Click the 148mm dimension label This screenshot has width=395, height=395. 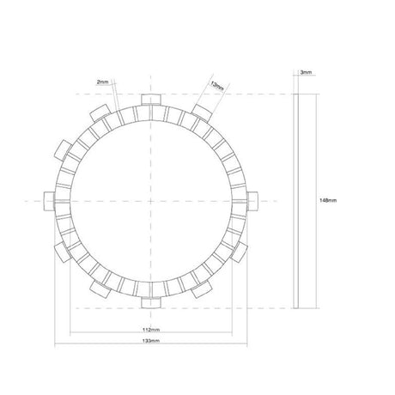tap(328, 200)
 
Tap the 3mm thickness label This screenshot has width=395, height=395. tap(306, 72)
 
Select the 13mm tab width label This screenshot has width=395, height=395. tap(216, 86)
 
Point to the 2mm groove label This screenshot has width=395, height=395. tap(103, 82)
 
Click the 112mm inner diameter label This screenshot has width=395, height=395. tap(151, 330)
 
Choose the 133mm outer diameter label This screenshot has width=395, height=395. tap(151, 341)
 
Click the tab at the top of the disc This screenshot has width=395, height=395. tap(151, 100)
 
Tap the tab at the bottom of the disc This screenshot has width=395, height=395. tap(151, 303)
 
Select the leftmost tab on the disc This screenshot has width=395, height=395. tap(49, 201)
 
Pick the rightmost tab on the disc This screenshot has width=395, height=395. tap(252, 201)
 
